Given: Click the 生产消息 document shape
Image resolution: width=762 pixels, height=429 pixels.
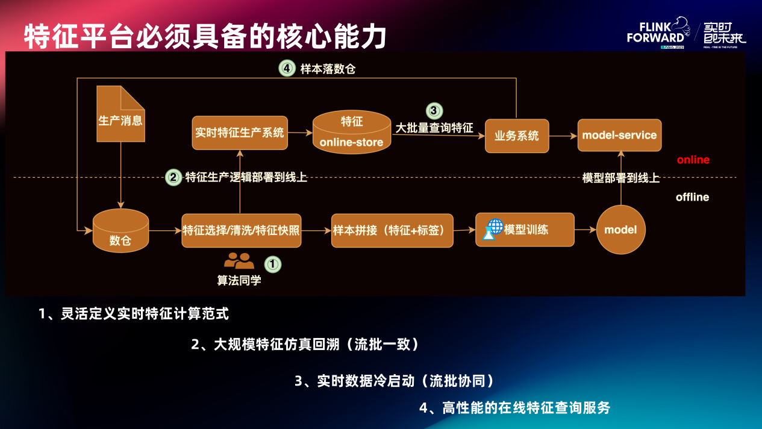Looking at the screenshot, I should click(120, 114).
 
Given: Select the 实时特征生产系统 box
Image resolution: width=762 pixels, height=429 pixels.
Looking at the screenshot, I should click(240, 133).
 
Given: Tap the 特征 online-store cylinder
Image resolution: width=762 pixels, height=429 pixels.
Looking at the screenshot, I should click(352, 132).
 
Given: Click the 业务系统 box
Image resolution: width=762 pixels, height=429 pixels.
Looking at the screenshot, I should click(517, 136).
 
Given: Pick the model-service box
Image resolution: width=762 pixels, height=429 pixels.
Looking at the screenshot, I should click(619, 135).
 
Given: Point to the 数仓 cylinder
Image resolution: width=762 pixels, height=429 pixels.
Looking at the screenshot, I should click(120, 231).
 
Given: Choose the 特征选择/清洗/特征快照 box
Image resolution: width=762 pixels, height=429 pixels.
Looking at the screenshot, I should click(241, 230).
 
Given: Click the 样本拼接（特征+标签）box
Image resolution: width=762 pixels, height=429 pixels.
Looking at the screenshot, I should click(392, 230).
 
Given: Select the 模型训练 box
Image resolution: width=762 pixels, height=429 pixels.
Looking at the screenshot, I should click(525, 230).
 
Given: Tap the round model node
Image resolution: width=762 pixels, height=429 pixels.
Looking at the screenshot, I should click(620, 230).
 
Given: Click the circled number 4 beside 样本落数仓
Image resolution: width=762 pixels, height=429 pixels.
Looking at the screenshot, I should click(286, 68).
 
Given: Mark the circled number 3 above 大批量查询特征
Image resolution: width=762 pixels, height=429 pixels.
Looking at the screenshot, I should click(434, 111).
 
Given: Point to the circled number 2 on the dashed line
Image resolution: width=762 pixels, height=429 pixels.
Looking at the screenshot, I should click(173, 178).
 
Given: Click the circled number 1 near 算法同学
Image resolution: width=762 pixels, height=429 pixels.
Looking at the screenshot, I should click(273, 264).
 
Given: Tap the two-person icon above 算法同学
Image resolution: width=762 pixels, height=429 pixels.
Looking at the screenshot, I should click(239, 261).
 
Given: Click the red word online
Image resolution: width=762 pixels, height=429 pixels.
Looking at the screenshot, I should click(693, 160).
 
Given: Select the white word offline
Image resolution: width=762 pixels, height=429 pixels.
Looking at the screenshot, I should click(692, 197).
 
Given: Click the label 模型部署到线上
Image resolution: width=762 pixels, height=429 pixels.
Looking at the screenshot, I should click(620, 178).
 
